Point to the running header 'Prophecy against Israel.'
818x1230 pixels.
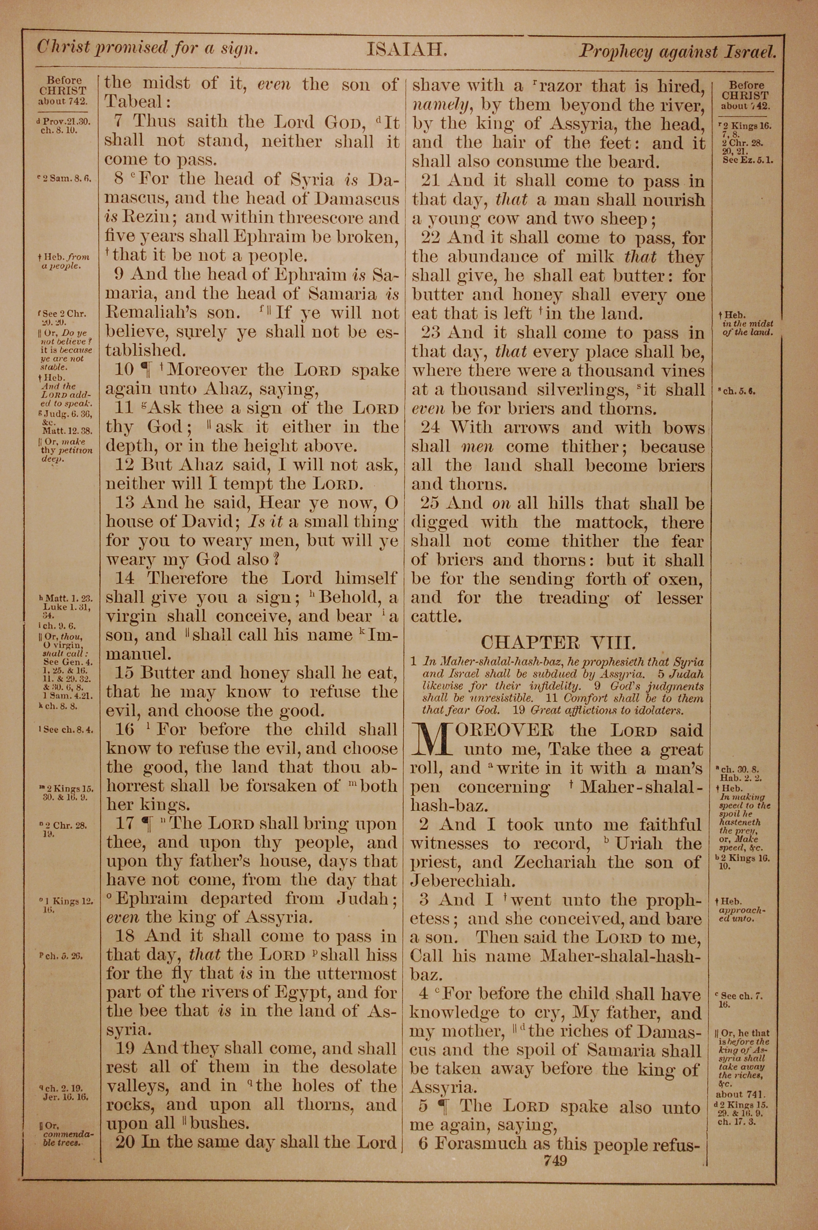tap(678, 52)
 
